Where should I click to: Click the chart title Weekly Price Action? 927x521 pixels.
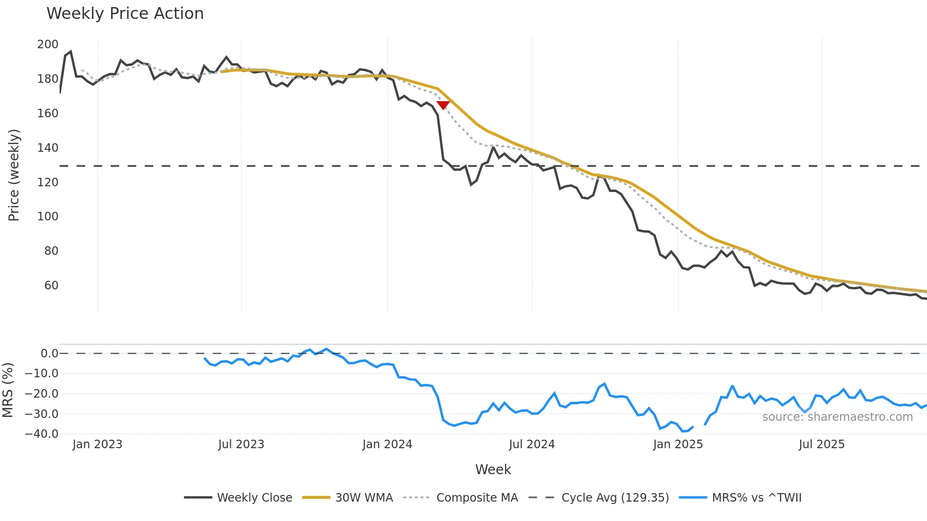125,14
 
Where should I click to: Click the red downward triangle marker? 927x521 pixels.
443,105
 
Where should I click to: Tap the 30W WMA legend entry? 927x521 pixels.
348,497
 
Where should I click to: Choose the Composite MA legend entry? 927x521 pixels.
461,497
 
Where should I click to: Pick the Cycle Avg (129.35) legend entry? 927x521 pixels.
599,497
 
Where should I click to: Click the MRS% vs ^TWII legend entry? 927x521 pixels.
741,497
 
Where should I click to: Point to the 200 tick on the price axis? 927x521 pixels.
48,44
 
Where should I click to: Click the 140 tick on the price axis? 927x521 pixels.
48,148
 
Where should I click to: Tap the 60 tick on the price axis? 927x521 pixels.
51,286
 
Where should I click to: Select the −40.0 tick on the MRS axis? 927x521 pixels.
42,434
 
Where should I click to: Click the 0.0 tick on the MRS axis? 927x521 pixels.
49,354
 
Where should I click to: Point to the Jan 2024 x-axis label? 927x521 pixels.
387,444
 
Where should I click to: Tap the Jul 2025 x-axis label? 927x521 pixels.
822,444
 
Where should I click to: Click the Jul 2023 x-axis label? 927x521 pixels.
241,444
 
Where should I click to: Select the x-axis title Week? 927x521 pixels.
493,469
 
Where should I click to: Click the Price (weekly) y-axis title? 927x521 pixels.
14,175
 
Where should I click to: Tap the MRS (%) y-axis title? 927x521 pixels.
8,390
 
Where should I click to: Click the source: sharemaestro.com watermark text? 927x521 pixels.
838,417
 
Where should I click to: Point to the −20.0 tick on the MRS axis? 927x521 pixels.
42,394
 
